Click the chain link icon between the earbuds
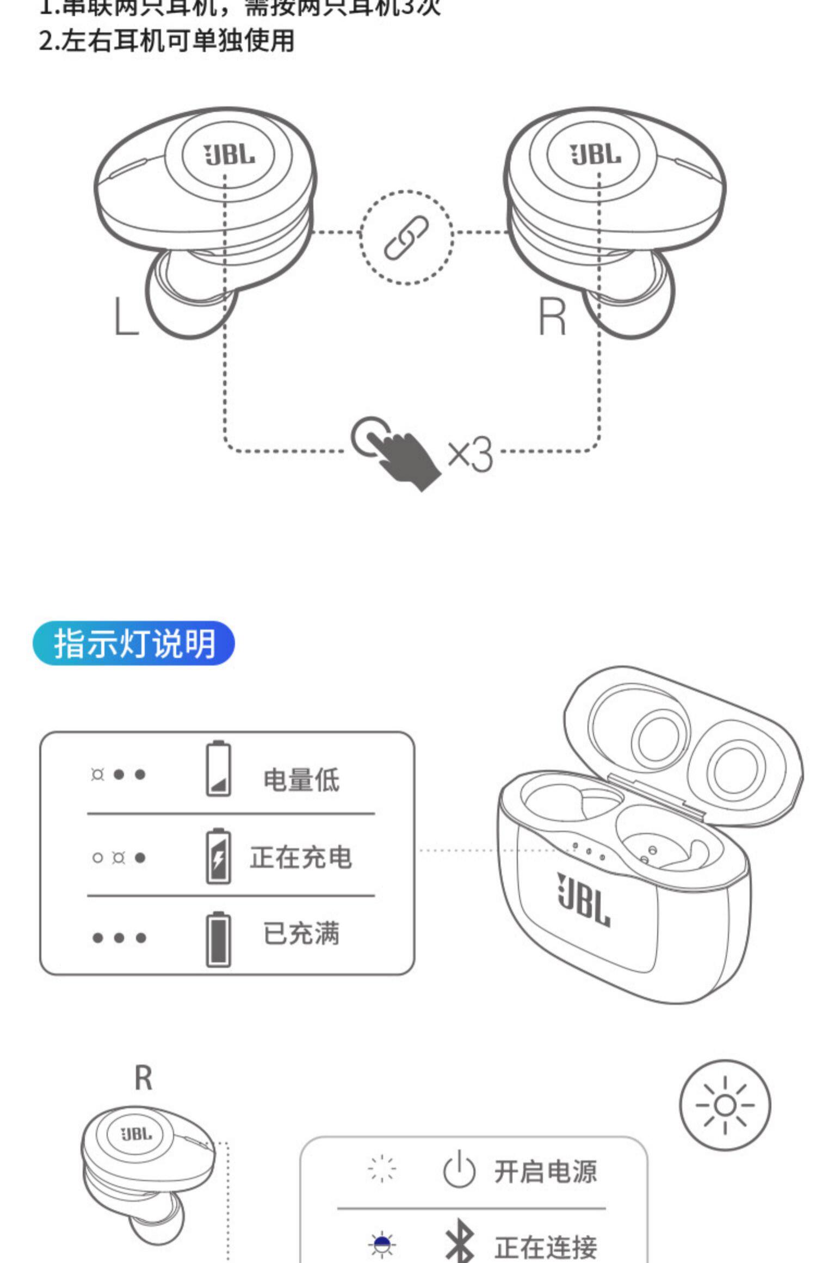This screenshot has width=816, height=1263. pos(406,237)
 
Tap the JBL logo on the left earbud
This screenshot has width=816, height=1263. pos(229,155)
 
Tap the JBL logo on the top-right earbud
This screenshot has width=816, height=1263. pos(595,155)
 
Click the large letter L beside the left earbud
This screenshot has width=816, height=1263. pos(126,316)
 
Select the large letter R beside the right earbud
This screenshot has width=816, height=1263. pos(552,316)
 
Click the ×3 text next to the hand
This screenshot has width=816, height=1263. pos(471,454)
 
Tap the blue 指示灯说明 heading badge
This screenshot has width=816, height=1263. pos(134,643)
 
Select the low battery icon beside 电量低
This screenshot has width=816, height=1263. pos(218,769)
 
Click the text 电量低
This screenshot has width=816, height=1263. pos(301,779)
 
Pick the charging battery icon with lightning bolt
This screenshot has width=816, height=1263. pos(218,856)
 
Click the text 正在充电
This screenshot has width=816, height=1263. pos(301,857)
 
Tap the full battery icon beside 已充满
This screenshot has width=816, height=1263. pos(218,939)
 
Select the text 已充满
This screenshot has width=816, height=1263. pos(301,933)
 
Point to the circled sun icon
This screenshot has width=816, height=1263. pos(725,1105)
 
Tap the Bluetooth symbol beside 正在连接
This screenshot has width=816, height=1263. pos(459,1243)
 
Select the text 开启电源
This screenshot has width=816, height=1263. pos(545,1171)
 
